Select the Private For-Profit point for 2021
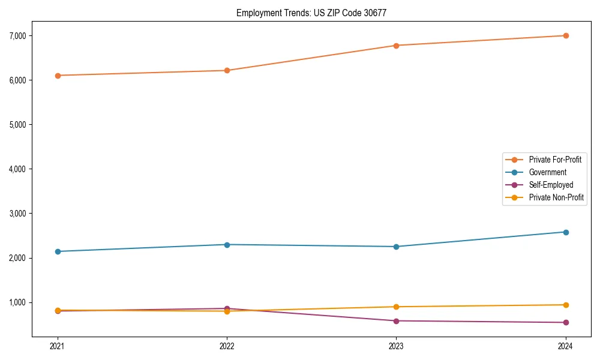58,76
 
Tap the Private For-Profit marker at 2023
396,46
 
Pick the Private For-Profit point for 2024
566,35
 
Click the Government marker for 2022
227,245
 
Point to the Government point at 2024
566,232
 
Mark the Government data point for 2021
58,251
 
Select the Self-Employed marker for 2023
396,321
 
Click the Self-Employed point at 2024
566,323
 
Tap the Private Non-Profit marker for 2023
396,307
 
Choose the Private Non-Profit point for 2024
566,305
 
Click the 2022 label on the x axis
227,346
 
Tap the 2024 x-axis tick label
566,346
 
